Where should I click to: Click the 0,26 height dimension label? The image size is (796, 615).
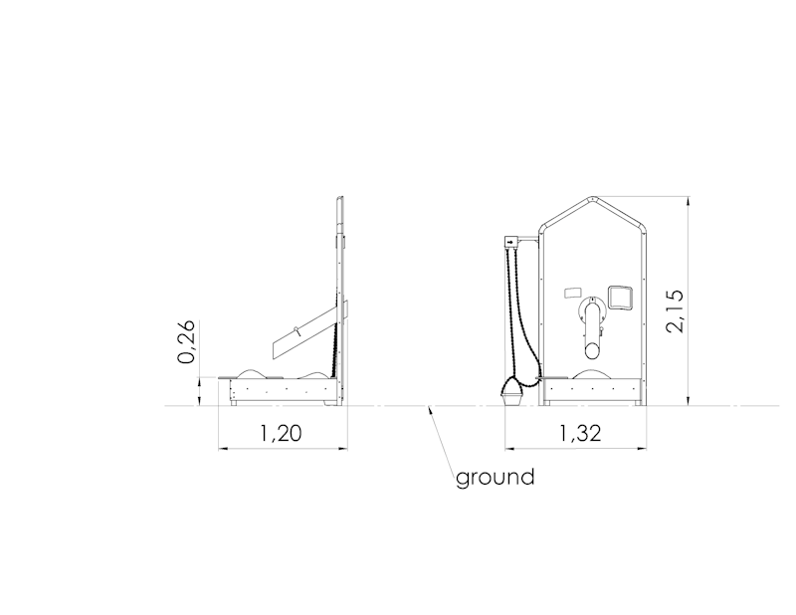pos(186,341)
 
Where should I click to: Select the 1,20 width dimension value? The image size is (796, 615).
pos(281,433)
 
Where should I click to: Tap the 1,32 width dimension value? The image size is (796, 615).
pos(580,433)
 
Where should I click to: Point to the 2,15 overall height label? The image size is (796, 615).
pos(676,311)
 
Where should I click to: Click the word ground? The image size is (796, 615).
pos(495,478)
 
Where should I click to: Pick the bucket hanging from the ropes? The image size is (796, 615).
pos(512,393)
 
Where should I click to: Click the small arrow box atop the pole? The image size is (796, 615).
pos(510,242)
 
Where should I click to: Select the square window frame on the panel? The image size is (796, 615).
pos(620,298)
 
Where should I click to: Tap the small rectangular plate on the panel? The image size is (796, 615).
pos(573,293)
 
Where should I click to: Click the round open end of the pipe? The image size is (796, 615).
pos(592,350)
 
